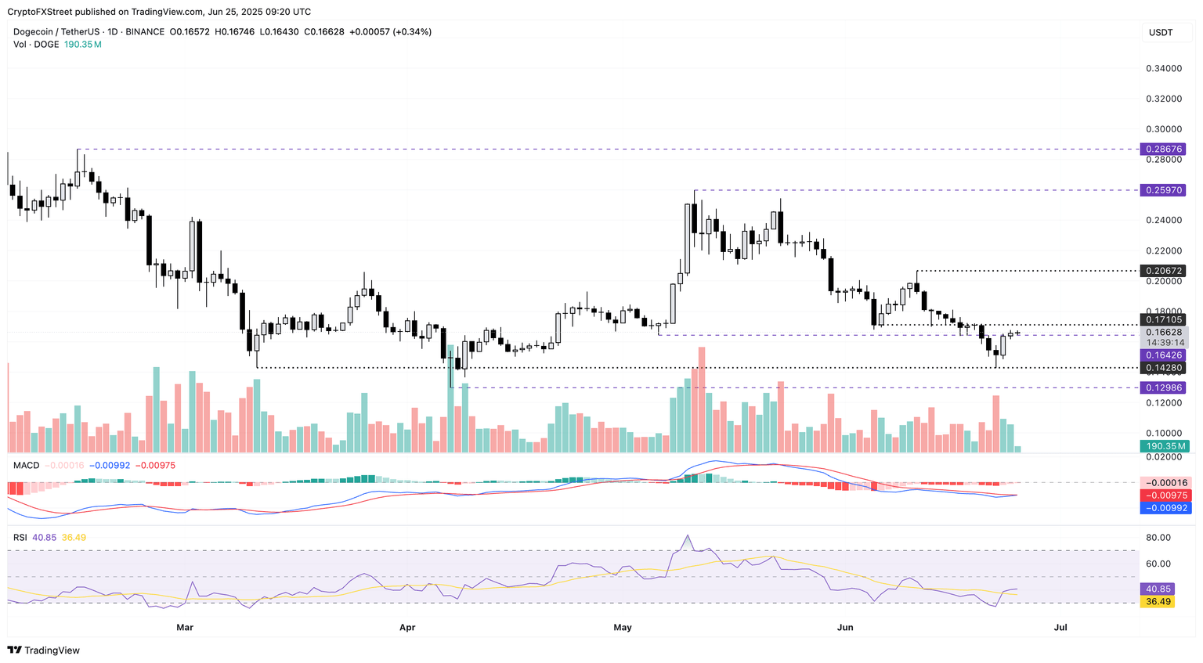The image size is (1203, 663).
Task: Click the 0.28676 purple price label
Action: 1163,149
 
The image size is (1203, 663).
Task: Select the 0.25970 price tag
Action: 1163,190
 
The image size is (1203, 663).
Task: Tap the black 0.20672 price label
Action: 1163,271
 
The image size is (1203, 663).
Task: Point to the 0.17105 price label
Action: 1163,319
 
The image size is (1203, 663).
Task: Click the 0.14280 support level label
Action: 1163,368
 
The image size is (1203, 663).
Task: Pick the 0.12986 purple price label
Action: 1163,388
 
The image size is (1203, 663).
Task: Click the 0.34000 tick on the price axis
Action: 1163,69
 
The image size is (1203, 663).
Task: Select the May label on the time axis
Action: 623,627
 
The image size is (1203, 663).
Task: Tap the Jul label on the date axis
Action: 1060,627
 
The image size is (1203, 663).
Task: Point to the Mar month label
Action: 185,627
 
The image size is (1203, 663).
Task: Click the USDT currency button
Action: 1161,32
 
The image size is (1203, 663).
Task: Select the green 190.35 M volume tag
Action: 1163,446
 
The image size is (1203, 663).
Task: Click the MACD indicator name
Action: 26,465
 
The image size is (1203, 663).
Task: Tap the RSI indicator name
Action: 20,537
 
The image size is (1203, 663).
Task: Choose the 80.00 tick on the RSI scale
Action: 1158,538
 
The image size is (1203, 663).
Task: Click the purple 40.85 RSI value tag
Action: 1158,589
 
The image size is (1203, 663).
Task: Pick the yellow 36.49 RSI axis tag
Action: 1158,602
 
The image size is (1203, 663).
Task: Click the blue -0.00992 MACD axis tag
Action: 1163,508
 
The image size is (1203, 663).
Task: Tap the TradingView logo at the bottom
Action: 44,650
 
